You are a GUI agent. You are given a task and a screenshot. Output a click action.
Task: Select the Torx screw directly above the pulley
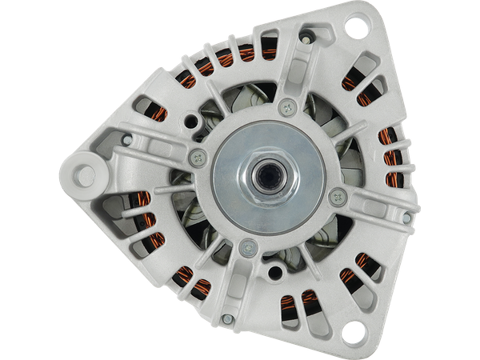click(288, 104)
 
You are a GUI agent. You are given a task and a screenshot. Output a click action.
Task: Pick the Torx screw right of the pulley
click(337, 193)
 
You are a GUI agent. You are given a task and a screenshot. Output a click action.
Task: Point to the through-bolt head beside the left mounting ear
click(124, 141)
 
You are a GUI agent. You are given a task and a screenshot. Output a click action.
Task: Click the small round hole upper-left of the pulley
click(192, 125)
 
